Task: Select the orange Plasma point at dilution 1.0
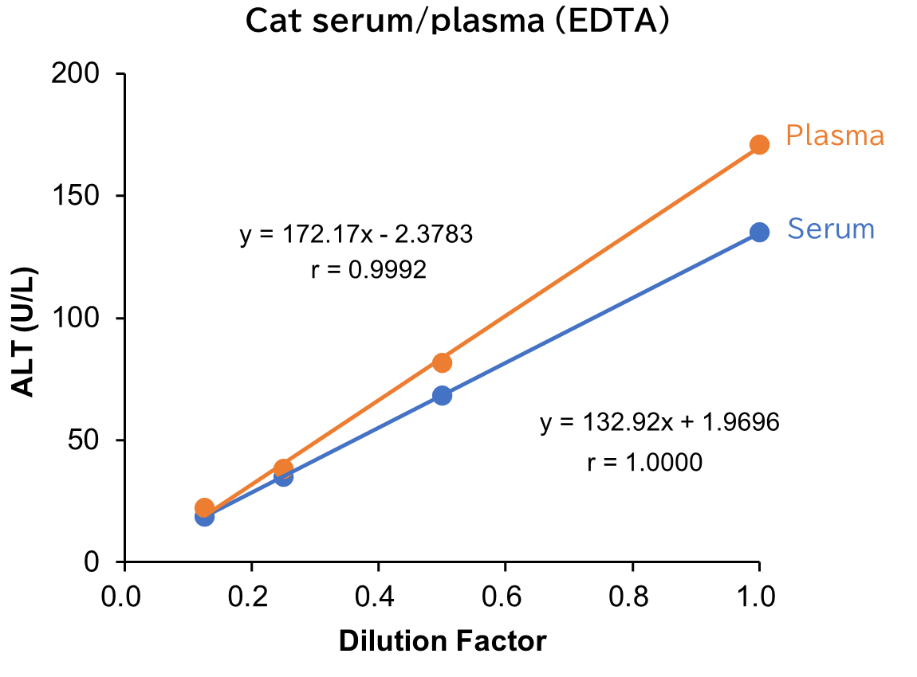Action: point(759,145)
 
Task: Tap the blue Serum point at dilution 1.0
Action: point(759,232)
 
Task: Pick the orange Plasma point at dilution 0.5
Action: point(442,362)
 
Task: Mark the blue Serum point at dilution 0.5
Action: point(442,395)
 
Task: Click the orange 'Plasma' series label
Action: point(835,135)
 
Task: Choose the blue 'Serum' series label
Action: point(831,229)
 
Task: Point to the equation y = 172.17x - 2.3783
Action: point(356,235)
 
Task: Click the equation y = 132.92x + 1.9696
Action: point(659,422)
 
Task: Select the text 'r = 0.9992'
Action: point(368,271)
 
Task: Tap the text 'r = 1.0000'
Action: point(644,462)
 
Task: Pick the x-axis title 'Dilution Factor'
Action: point(443,641)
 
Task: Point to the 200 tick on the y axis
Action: point(78,74)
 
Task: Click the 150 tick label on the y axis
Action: point(78,196)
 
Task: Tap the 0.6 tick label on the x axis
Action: point(505,597)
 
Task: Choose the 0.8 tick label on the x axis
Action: point(632,597)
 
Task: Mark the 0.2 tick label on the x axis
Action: point(251,597)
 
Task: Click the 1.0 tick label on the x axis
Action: point(758,597)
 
